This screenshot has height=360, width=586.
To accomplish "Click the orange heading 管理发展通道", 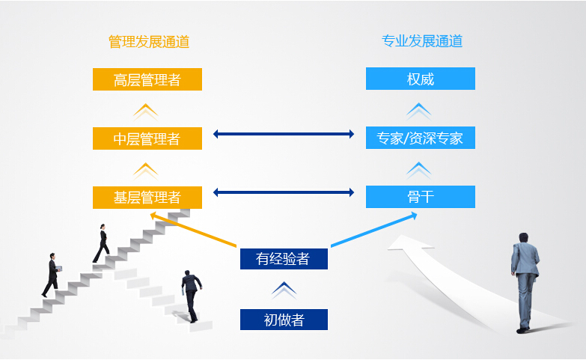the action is pos(149,41).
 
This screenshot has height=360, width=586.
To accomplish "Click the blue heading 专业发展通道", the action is pos(422,40).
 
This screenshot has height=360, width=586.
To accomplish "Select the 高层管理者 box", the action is pos(147,79).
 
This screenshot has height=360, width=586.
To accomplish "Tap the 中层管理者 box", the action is pos(147,138).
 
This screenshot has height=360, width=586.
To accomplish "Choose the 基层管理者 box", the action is pos(147,198).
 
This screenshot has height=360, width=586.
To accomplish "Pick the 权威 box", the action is pos(421,79).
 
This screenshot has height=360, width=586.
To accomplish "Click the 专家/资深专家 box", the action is pos(421,138).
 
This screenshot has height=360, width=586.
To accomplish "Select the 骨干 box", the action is pos(421,197).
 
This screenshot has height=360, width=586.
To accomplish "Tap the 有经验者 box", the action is pos(284,259).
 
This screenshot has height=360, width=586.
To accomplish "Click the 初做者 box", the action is pos(284,320).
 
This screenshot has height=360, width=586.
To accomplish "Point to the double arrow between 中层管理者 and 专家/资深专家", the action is pos(284,134).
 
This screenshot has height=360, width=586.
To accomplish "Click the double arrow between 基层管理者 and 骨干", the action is pos(284,192).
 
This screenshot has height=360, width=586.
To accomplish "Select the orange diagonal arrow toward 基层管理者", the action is pos(193,230).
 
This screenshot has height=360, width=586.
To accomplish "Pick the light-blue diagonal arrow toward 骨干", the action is pos(374,230).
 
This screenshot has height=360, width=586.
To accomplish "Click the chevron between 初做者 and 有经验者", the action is pos(284,290).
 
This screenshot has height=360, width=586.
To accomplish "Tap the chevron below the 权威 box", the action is pos(419,112).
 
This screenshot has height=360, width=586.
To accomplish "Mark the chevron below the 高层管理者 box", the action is pos(146,112).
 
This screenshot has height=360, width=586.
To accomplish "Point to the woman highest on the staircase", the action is pos(101,243).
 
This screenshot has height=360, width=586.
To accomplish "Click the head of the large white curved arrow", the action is pos(409,242).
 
